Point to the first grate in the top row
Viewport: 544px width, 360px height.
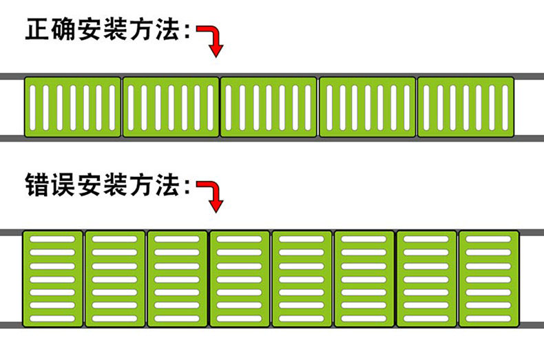[73, 107]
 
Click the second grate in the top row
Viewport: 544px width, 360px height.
[171, 107]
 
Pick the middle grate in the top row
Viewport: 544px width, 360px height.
[269, 107]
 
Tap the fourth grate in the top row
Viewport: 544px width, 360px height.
[368, 107]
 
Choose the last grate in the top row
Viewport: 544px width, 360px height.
[466, 107]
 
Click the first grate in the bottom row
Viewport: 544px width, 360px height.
[53, 279]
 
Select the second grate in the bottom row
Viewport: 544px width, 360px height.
[115, 279]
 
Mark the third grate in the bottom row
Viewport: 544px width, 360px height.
[177, 279]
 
